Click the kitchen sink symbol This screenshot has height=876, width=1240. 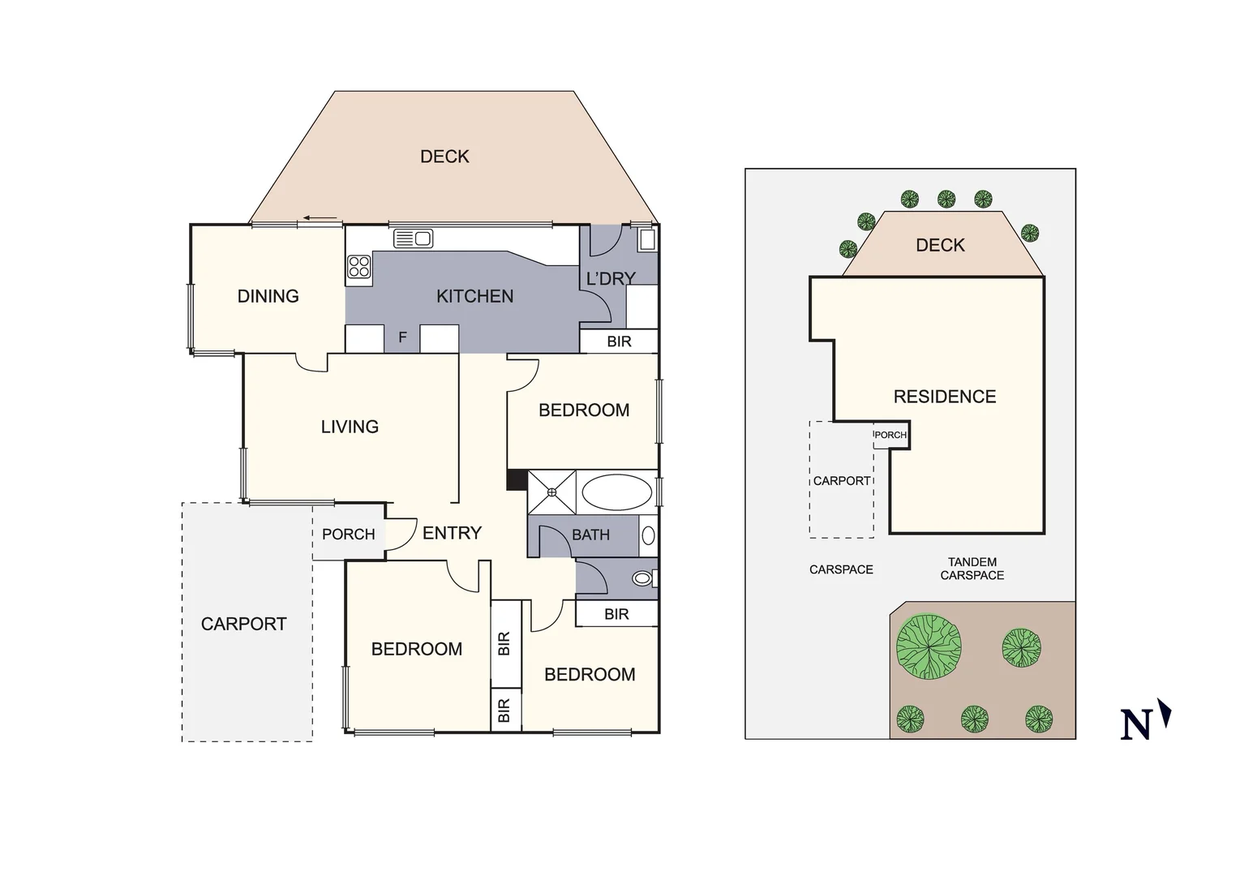[x=413, y=238]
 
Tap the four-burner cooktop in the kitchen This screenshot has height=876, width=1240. [x=358, y=267]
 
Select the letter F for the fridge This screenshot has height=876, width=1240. [x=402, y=337]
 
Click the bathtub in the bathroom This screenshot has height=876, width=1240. [x=616, y=492]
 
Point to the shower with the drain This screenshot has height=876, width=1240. [x=551, y=492]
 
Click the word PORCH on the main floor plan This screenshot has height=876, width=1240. [x=348, y=535]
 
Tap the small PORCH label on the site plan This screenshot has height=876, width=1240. [x=890, y=436]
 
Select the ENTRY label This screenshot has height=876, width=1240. [x=452, y=533]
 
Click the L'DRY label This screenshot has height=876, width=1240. [x=610, y=279]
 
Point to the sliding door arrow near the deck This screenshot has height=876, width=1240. [x=321, y=218]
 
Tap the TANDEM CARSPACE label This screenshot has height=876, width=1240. [x=972, y=569]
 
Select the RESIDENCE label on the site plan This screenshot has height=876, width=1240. [x=944, y=397]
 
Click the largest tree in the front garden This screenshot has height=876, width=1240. [x=929, y=646]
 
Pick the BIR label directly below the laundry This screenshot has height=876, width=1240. [x=619, y=341]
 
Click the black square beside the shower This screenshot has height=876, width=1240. [x=516, y=479]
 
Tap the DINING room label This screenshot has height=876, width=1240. [x=268, y=296]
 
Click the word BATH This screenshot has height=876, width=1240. [x=590, y=535]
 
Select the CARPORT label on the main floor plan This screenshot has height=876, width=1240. [x=243, y=624]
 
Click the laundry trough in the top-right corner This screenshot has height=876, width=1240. [x=646, y=239]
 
